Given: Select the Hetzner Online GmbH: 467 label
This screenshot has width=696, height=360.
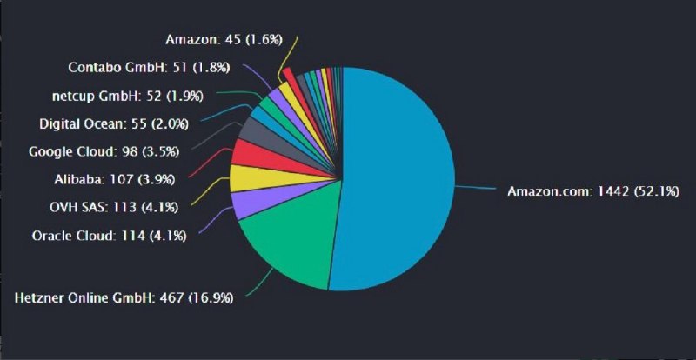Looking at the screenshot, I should (x=124, y=298).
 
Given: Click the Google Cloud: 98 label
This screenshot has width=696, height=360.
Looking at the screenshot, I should (x=104, y=151).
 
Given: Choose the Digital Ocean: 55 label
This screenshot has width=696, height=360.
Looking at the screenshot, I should (x=113, y=123).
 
